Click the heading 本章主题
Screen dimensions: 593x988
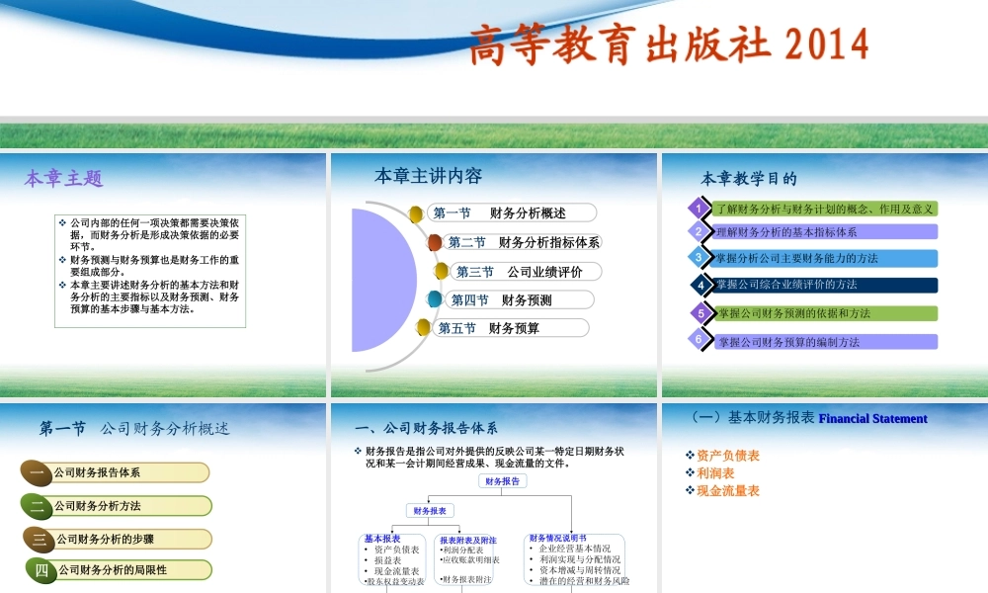click(63, 179)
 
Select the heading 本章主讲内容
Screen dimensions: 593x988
click(428, 176)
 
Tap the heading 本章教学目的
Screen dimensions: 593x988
click(749, 179)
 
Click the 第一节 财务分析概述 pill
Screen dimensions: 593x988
click(513, 212)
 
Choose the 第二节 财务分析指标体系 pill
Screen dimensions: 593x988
click(524, 242)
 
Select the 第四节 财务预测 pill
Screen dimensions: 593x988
click(520, 299)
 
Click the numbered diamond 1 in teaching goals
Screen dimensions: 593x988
click(699, 209)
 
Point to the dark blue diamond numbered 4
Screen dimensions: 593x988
click(700, 286)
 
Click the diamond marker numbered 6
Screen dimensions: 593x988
click(699, 340)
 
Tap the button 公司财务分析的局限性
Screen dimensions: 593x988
click(118, 569)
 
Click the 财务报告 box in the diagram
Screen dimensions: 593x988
click(503, 481)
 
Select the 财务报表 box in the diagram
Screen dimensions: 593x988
click(430, 511)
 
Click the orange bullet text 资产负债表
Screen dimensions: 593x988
click(727, 456)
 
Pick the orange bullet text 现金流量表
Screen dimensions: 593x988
click(727, 490)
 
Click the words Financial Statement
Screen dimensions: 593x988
click(872, 419)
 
